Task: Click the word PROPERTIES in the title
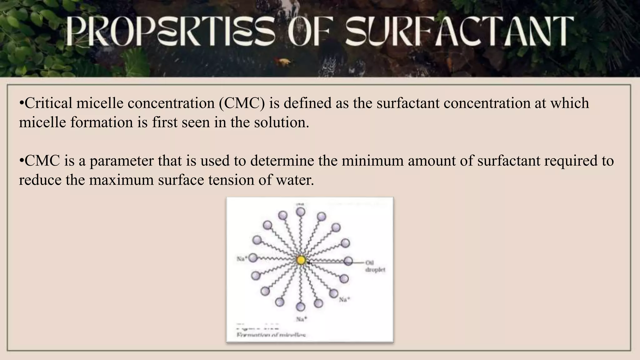(171, 32)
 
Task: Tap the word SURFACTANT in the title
(459, 32)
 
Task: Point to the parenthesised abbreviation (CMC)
(242, 103)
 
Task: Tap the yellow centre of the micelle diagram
(301, 260)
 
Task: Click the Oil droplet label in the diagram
(375, 266)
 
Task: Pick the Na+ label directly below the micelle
(302, 319)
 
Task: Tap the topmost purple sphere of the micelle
(301, 212)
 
